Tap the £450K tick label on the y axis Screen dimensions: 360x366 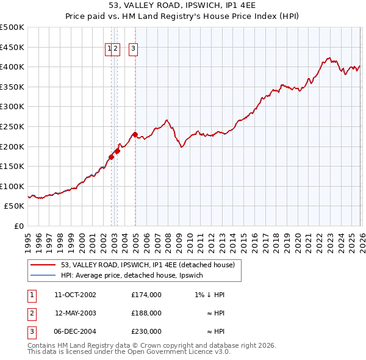point(12,47)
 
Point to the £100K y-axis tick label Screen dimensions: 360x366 point(12,186)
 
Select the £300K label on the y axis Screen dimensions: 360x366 point(12,106)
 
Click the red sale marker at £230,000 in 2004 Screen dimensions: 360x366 point(135,134)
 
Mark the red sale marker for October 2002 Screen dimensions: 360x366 point(111,157)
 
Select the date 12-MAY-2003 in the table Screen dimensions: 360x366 point(75,313)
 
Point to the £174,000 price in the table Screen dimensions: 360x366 point(146,295)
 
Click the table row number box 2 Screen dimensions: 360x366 point(31,313)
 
